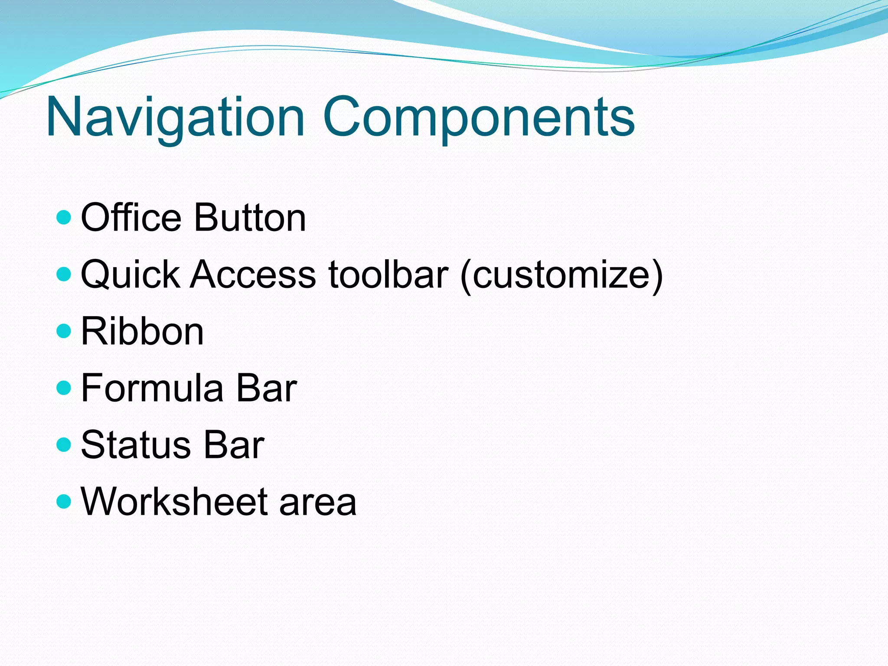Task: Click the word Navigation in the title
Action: click(175, 117)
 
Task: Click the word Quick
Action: click(131, 274)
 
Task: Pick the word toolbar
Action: click(388, 274)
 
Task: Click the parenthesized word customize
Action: click(562, 275)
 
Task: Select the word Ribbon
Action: click(142, 331)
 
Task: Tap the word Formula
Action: click(152, 388)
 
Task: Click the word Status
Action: click(136, 445)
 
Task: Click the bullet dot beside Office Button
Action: click(64, 217)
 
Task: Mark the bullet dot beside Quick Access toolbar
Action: click(64, 274)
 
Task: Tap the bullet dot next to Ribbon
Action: click(64, 331)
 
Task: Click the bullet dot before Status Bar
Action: click(64, 445)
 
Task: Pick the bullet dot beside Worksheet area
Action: click(64, 502)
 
